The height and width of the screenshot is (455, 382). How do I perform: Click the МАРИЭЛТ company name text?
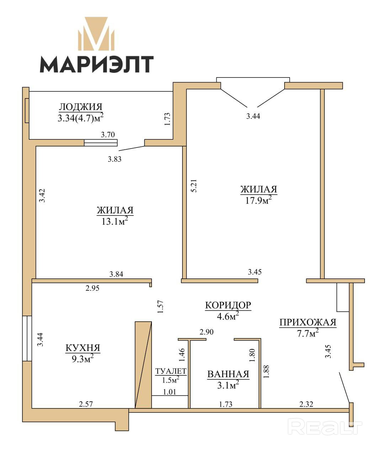click(x=97, y=64)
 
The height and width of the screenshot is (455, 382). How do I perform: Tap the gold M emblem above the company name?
click(x=96, y=34)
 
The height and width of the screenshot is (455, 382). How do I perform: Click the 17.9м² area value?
click(x=259, y=200)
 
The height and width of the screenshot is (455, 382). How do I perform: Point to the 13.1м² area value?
click(x=115, y=221)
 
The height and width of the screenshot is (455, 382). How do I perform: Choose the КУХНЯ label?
click(x=83, y=348)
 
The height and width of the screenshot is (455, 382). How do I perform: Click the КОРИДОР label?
click(x=228, y=305)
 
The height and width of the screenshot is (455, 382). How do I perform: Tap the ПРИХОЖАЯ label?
click(x=308, y=322)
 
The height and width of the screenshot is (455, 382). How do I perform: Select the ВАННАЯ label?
click(x=228, y=374)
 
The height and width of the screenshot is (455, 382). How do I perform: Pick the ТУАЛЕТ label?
click(x=171, y=371)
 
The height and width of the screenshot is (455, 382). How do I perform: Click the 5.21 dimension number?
click(x=193, y=186)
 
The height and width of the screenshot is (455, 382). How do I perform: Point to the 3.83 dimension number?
click(x=115, y=159)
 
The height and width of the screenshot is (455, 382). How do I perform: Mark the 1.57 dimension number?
click(x=160, y=307)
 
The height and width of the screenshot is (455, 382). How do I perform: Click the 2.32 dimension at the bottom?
click(x=306, y=404)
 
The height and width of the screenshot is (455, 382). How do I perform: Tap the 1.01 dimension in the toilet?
click(x=170, y=392)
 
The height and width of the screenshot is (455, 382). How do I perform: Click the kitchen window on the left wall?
click(x=27, y=339)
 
